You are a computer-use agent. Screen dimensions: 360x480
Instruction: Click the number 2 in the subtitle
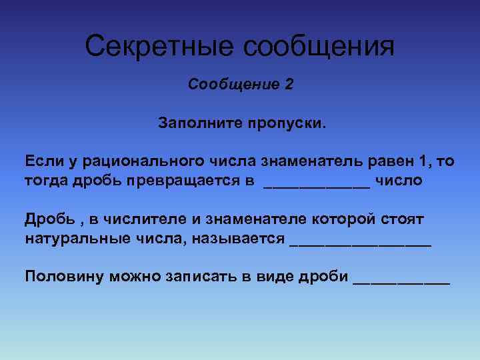click(x=288, y=85)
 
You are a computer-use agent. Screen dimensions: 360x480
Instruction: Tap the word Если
click(x=41, y=161)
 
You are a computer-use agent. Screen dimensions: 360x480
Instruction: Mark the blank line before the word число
click(x=317, y=185)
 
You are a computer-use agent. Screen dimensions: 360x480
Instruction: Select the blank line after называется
click(x=361, y=243)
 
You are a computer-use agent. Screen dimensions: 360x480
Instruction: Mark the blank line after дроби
click(x=401, y=281)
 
